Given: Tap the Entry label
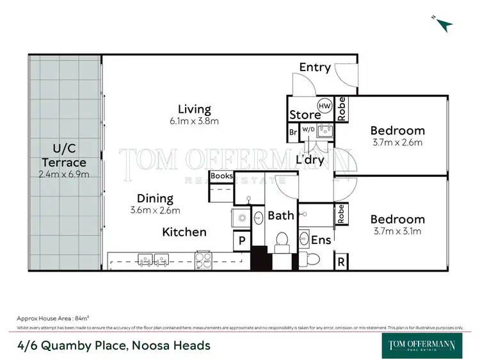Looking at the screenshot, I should [x=315, y=67].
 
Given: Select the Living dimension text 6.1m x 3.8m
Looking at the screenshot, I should [x=195, y=120].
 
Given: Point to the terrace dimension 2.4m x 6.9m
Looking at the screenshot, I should [x=64, y=174].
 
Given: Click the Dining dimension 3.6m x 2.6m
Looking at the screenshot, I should [x=156, y=209].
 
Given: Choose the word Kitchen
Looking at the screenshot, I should [x=184, y=231].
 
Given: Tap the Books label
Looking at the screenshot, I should [x=221, y=176].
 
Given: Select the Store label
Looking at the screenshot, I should [x=305, y=115].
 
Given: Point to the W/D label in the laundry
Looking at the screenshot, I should [x=308, y=129].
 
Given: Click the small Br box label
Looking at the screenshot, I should [x=292, y=133].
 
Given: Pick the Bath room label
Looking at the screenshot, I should [x=280, y=215].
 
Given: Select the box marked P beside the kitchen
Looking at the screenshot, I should [x=242, y=242].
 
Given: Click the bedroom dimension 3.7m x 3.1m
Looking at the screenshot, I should [x=397, y=231].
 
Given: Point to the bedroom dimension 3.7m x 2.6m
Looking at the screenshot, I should [x=397, y=142].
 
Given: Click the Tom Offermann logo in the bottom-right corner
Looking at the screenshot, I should [x=422, y=345].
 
